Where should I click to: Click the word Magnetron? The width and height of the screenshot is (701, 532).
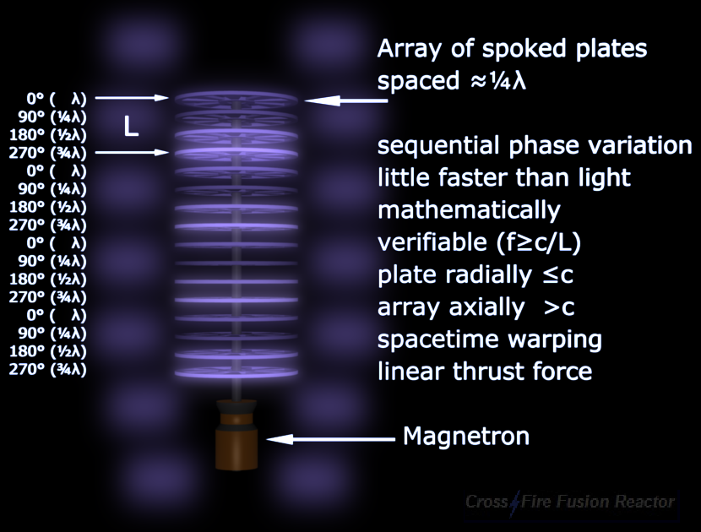pos(466,436)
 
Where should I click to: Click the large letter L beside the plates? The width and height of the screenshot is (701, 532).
pos(130,127)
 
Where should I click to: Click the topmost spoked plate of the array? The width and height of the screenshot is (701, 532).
pos(238,98)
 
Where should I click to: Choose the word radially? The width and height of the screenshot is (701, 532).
pos(483,274)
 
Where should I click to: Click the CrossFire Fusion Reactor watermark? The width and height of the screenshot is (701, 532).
pos(570,502)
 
